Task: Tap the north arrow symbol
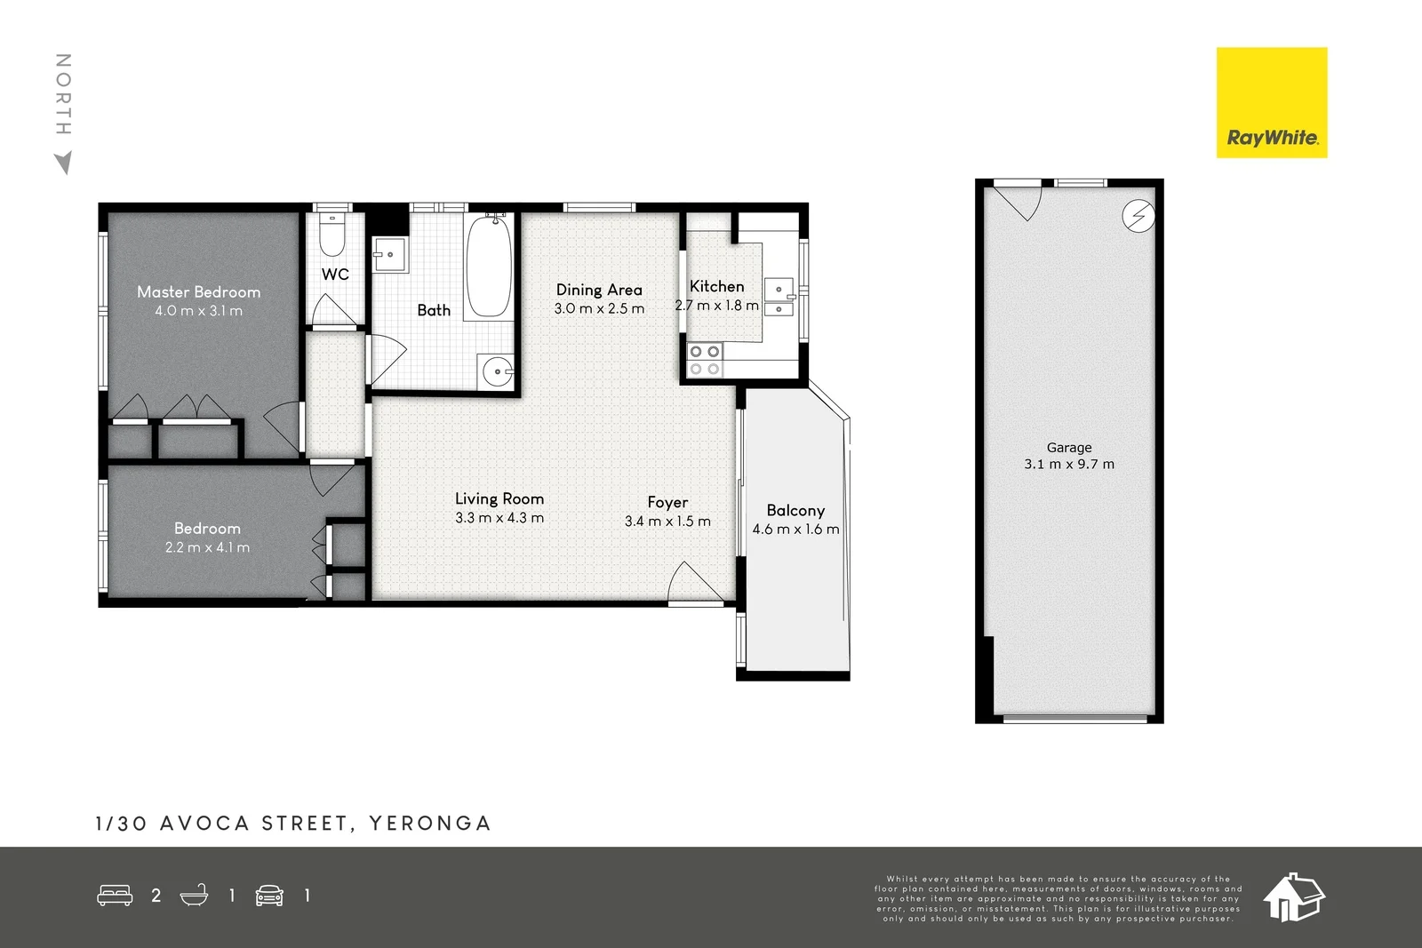(63, 163)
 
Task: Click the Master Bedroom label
(198, 291)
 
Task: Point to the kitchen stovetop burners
(704, 360)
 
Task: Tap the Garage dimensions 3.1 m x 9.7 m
(1068, 464)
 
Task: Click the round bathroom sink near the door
(497, 370)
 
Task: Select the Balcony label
(795, 510)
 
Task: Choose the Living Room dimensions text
(499, 518)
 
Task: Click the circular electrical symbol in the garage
(1138, 216)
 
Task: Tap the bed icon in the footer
(115, 895)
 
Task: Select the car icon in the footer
(269, 895)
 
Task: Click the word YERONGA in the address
(430, 824)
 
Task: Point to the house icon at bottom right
(1293, 896)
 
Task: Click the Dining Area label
(599, 290)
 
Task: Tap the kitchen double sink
(779, 299)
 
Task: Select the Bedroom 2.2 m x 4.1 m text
(207, 547)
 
